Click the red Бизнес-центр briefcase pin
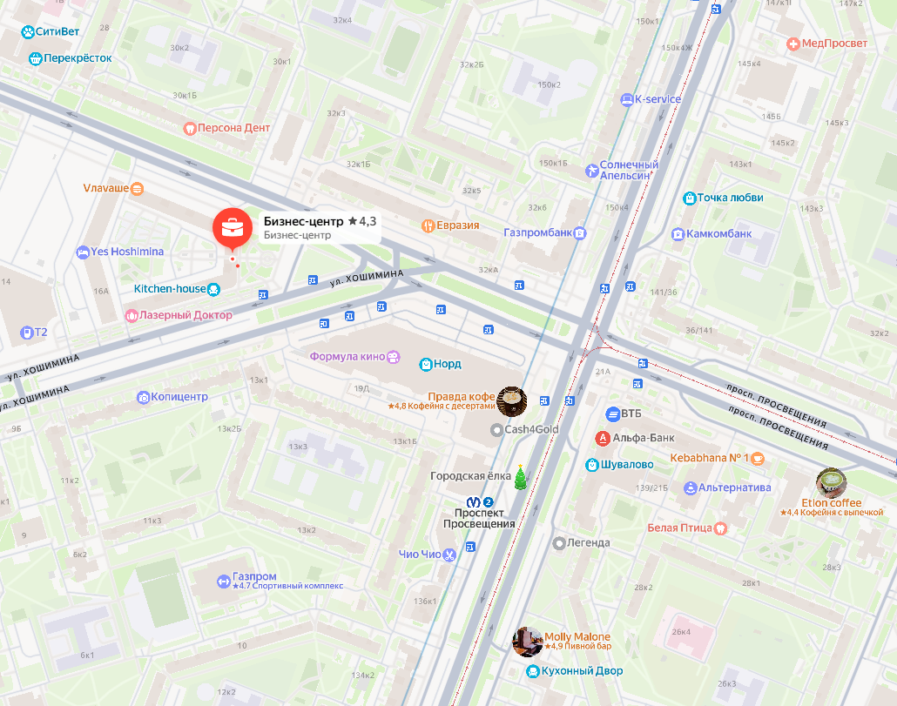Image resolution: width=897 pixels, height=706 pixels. (x=232, y=227)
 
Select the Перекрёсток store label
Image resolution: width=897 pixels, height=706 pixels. (x=78, y=58)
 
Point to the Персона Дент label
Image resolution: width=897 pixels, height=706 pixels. (x=233, y=128)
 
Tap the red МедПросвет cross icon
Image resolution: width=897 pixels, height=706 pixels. (x=792, y=44)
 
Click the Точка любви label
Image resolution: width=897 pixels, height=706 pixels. (x=730, y=198)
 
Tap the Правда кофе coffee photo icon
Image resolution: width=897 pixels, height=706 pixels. (x=511, y=400)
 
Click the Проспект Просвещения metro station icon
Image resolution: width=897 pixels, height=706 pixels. (x=474, y=502)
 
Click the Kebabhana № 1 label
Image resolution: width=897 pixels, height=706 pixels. (x=710, y=458)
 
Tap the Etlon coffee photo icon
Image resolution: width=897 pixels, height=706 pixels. (x=831, y=483)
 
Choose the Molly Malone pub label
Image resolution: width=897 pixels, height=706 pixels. (x=577, y=637)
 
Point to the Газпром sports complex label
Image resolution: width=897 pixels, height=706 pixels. (x=254, y=576)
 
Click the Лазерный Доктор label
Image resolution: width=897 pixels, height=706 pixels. (x=185, y=315)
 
